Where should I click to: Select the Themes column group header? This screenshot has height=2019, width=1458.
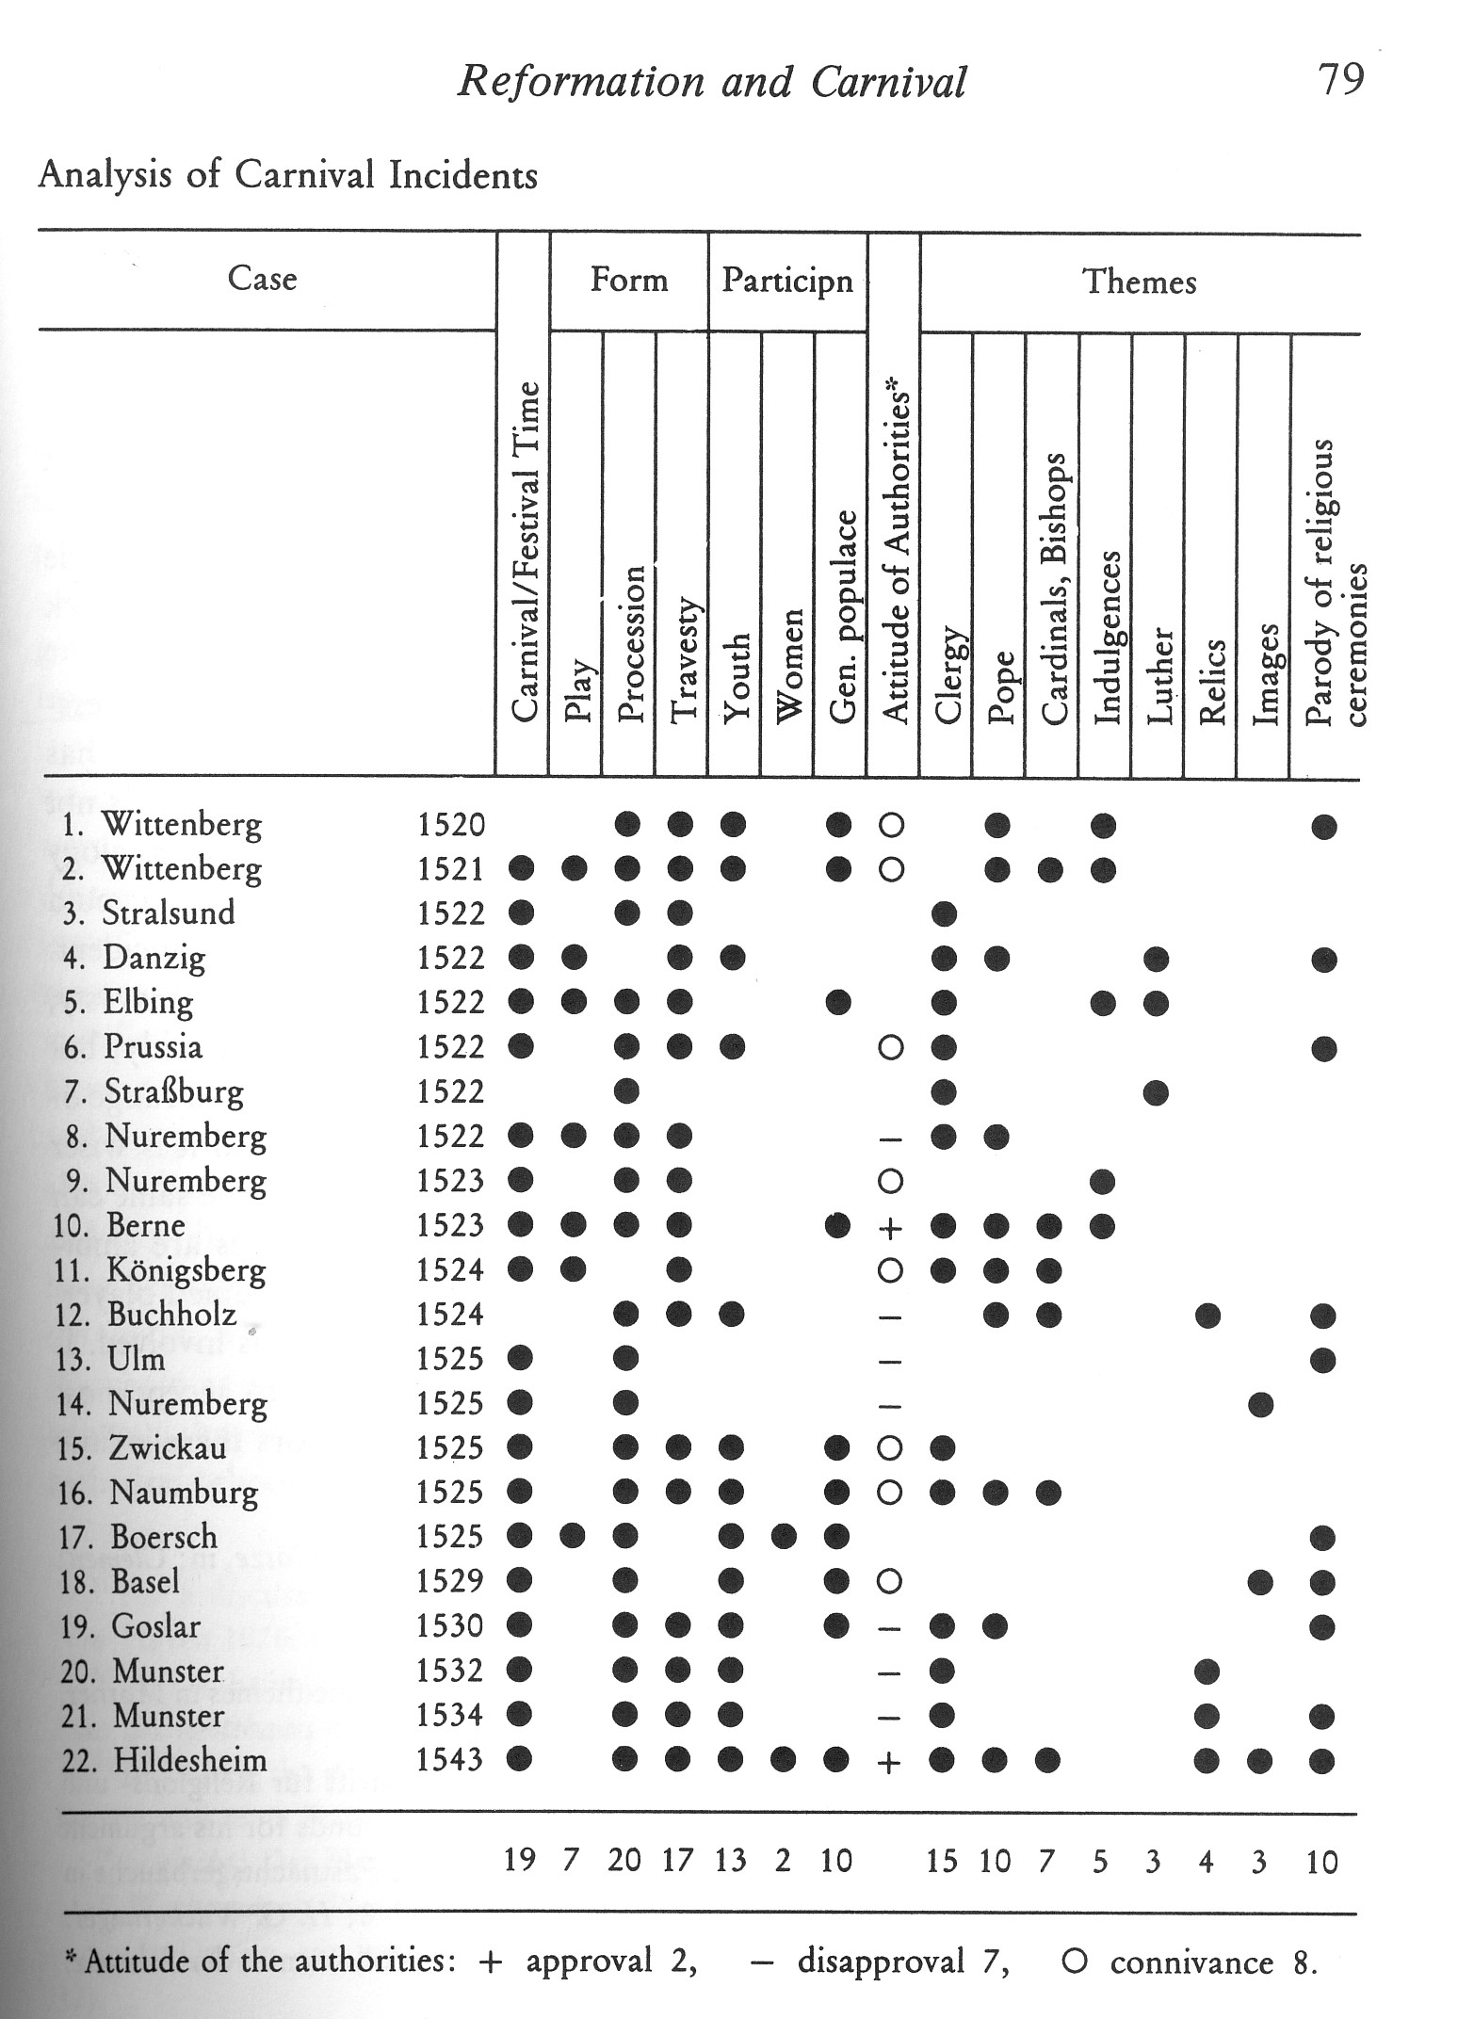click(x=1139, y=282)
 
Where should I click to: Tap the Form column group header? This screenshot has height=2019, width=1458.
click(x=628, y=280)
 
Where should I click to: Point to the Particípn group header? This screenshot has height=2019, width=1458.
click(x=786, y=281)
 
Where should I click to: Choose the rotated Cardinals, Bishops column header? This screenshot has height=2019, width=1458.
click(x=1053, y=589)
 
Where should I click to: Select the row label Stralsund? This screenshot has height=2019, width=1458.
click(x=169, y=913)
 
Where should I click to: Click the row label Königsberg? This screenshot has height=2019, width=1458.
click(x=186, y=1269)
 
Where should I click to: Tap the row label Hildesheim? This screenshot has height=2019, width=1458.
click(x=190, y=1760)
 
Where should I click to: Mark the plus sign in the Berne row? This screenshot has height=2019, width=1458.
click(x=891, y=1226)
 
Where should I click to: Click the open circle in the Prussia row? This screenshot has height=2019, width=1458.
click(x=891, y=1048)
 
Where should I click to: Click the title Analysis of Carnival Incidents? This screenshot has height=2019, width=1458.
click(x=287, y=176)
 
